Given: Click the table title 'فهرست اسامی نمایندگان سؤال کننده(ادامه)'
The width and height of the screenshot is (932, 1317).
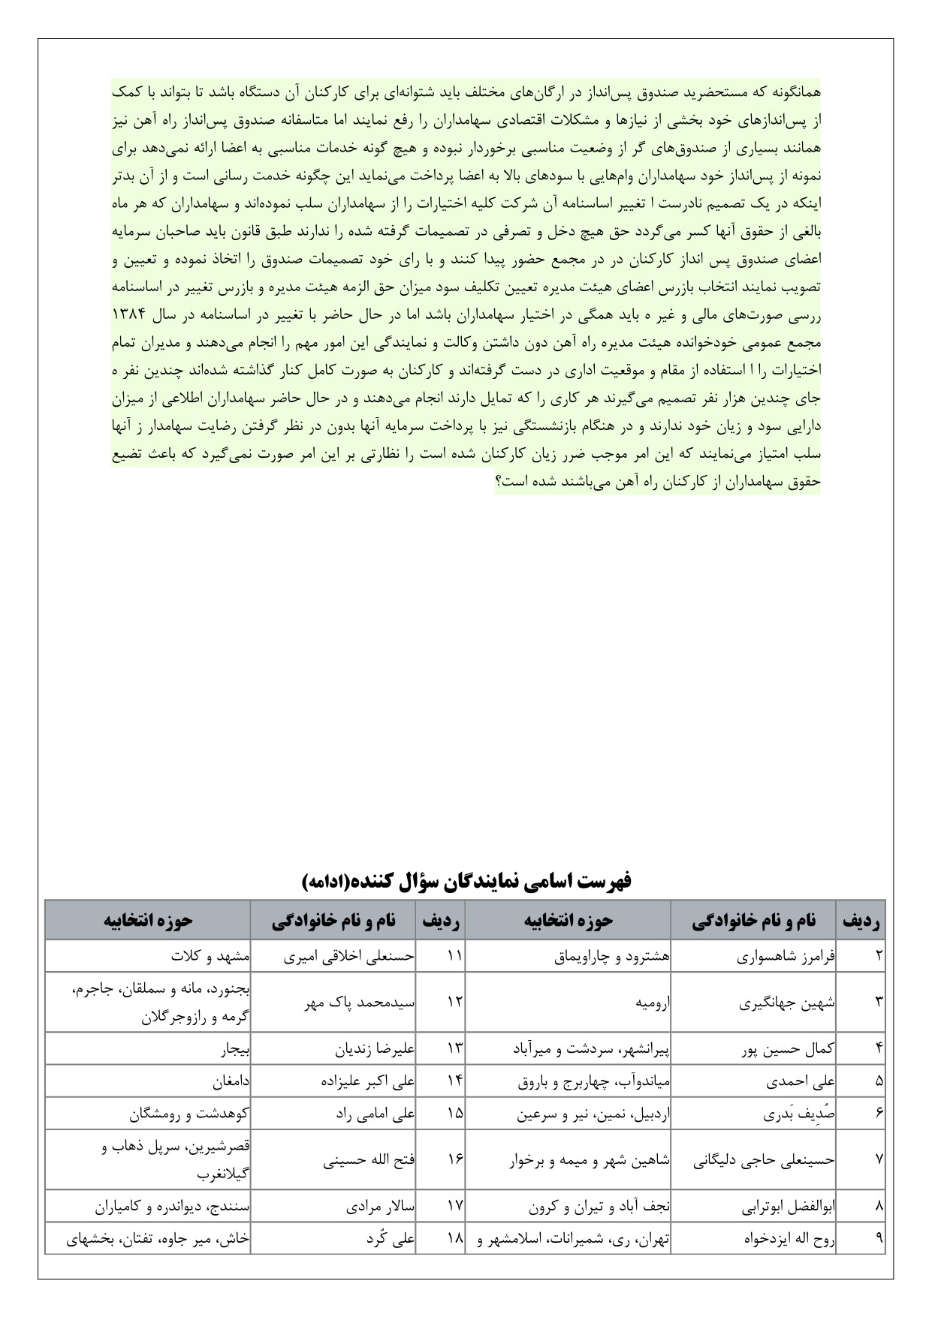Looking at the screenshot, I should (466, 881).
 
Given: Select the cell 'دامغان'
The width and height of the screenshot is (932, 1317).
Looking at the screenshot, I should (230, 1082).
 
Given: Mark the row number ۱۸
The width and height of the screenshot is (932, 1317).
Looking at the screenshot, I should (455, 1240).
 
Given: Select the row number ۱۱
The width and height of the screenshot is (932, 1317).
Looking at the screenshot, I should (455, 957).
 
